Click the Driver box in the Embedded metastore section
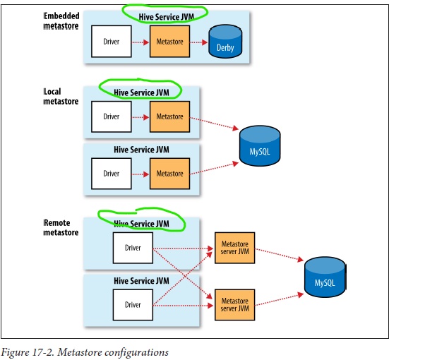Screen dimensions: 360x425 tap(111, 42)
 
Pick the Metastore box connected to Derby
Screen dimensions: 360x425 tap(169, 42)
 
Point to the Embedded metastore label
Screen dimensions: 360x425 tap(61, 20)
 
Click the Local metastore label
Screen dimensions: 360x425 tap(61, 97)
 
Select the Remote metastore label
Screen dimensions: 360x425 tap(61, 228)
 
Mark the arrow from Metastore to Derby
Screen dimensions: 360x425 tap(198, 42)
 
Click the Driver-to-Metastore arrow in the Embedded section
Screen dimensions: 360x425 tap(140, 42)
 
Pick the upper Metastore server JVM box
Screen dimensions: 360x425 tap(234, 249)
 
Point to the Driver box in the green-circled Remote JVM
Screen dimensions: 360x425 tap(133, 248)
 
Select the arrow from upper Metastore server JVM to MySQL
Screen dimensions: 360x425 tap(279, 259)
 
